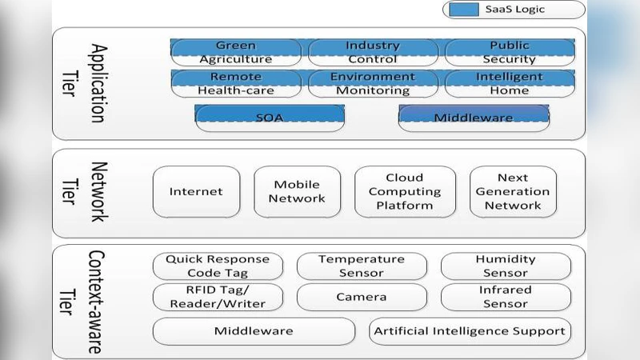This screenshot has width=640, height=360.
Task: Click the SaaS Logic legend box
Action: pos(513,10)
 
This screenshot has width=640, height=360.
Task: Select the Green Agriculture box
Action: pos(236,53)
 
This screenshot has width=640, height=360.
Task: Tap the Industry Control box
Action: pos(372,53)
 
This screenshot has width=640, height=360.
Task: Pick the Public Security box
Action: pos(510,53)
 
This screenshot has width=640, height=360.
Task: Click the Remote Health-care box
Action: pos(236,84)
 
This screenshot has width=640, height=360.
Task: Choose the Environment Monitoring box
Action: pos(372,84)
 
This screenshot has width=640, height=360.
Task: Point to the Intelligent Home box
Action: pos(510,84)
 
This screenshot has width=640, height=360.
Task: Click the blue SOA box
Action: pos(270,118)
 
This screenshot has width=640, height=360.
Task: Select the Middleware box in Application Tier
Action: pos(474,118)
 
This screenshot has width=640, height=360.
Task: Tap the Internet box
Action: pos(196,192)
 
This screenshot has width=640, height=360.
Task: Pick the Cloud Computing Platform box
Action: pos(404,192)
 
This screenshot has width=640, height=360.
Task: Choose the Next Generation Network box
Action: pos(512,192)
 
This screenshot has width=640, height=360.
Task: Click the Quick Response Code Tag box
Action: pos(218,266)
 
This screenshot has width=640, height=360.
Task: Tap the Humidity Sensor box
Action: pos(506,266)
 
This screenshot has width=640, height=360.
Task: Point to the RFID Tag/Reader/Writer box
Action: pos(218,297)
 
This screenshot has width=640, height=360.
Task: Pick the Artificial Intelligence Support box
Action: pos(470,330)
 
